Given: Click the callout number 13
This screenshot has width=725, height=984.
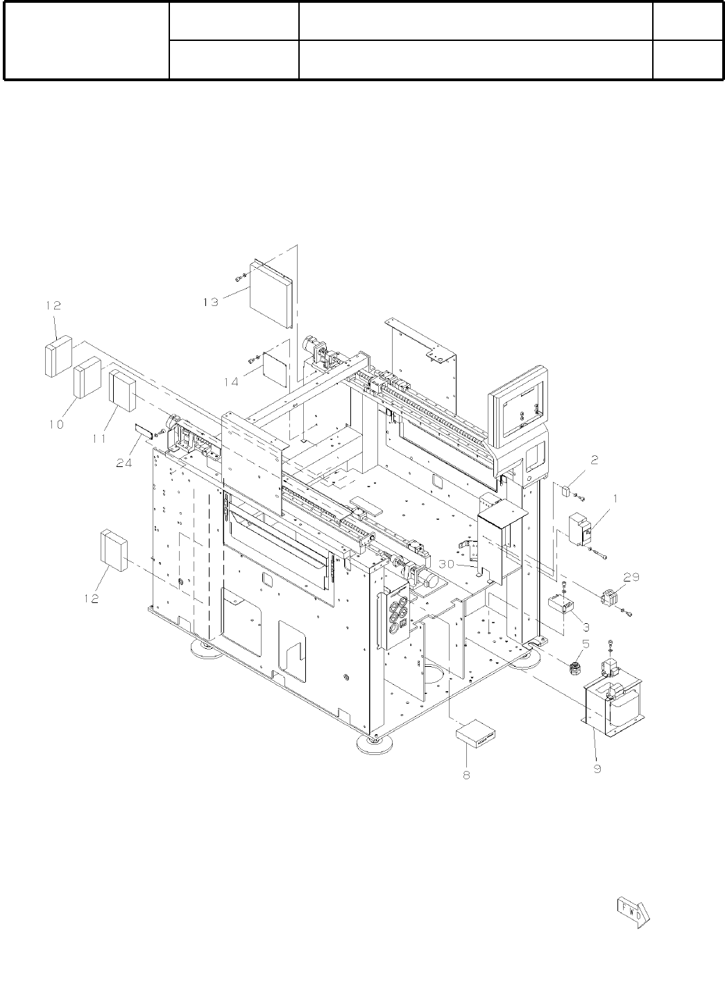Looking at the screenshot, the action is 211,303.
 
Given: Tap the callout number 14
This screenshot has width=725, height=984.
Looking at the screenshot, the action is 231,382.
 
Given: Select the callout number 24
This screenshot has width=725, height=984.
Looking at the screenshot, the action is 124,463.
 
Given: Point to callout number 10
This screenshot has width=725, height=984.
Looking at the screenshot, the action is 57,425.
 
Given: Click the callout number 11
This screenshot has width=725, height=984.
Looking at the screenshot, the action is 99,438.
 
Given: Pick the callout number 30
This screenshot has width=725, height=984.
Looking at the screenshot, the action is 446,563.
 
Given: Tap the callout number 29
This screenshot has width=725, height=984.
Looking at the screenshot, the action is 631,577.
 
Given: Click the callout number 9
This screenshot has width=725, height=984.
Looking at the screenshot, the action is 597,768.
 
